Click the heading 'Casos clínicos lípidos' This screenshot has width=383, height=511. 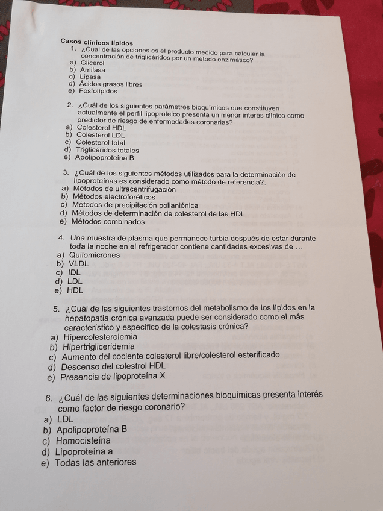click(96, 42)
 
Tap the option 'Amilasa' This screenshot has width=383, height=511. click(92, 70)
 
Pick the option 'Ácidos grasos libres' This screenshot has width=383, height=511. click(111, 84)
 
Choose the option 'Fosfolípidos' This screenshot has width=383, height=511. click(98, 92)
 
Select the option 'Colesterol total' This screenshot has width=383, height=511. click(101, 143)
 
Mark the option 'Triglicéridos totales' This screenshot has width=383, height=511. click(107, 151)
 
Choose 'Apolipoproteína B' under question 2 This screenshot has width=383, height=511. click(104, 158)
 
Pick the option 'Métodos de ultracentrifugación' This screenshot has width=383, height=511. click(124, 189)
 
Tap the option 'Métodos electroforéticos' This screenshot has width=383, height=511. click(113, 197)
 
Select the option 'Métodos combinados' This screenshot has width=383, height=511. click(108, 222)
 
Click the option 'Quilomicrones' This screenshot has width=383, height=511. click(95, 255)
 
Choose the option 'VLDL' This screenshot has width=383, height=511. click(78, 264)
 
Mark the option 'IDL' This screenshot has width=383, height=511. click(75, 272)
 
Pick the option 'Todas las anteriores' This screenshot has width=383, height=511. click(95, 463)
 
